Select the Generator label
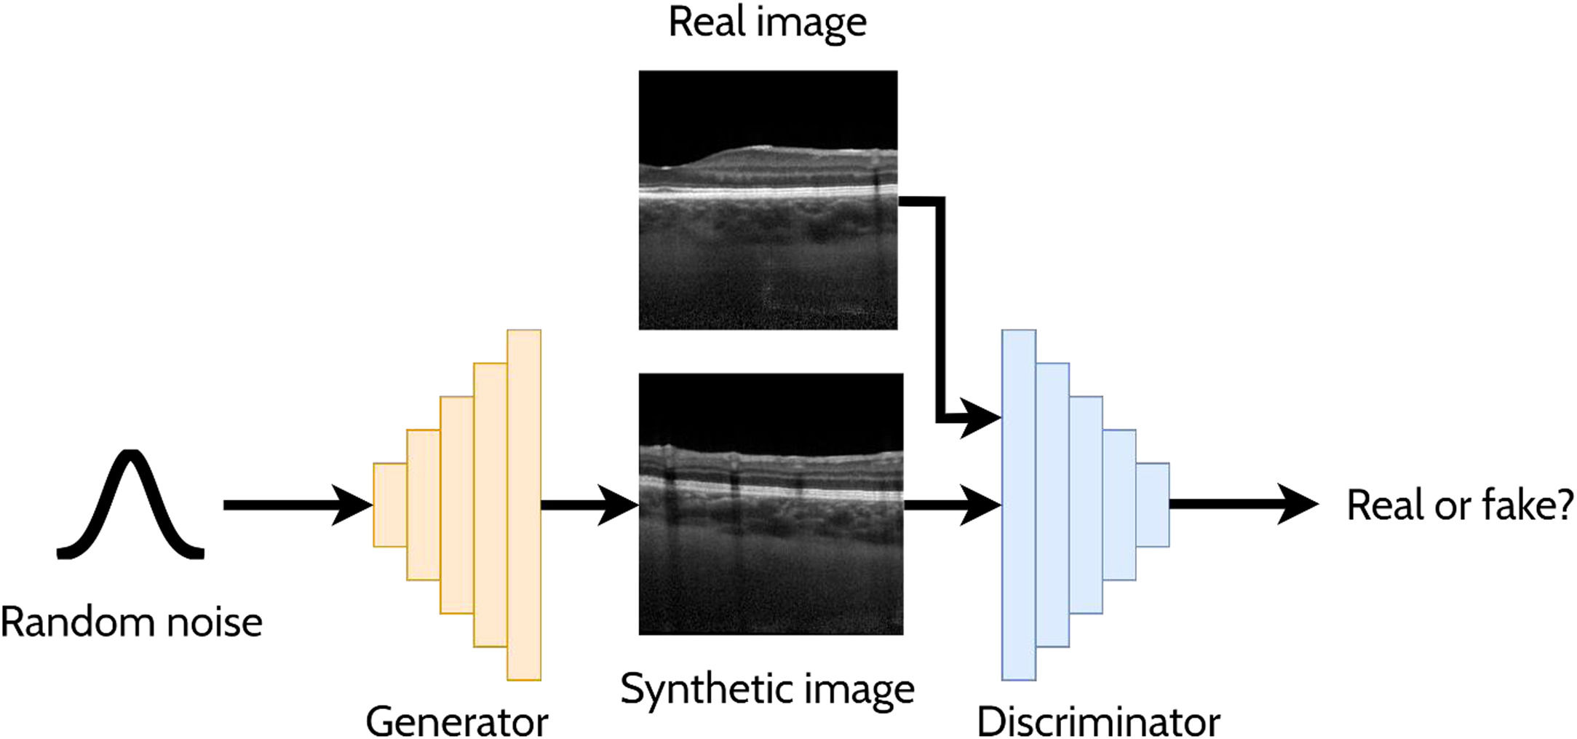tap(456, 721)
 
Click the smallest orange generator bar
tap(389, 505)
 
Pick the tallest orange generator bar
tap(524, 505)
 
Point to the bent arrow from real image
tap(940, 306)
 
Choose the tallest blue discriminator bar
tap(1018, 505)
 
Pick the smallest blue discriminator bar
tap(1152, 505)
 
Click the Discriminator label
tap(1098, 721)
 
